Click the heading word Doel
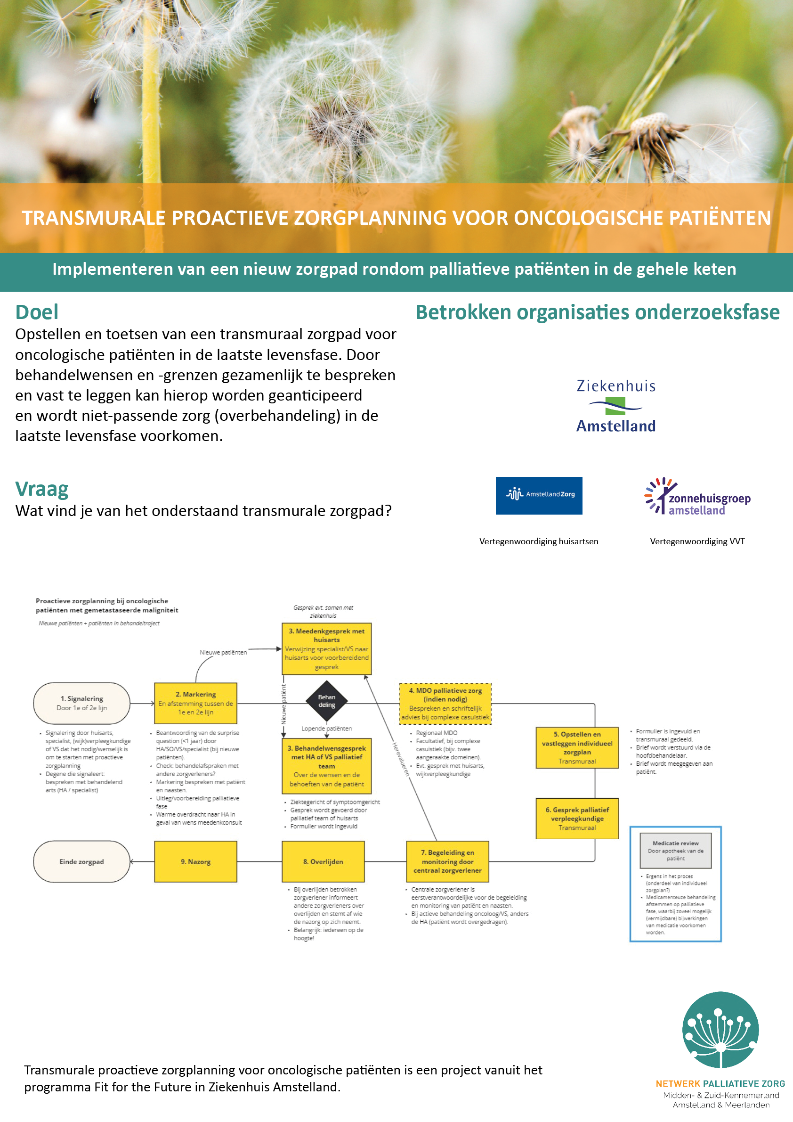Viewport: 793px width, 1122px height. (37, 312)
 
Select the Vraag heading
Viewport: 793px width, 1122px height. (42, 489)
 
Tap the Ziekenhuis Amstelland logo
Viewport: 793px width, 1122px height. (616, 406)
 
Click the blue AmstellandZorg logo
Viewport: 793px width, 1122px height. (539, 496)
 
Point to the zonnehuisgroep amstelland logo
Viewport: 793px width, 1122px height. (697, 496)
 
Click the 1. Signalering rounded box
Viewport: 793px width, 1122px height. (81, 703)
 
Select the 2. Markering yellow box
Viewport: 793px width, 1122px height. (195, 703)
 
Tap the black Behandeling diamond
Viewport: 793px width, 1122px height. (327, 701)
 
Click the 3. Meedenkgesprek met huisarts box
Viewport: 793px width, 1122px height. (326, 649)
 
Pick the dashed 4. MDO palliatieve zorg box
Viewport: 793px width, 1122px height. (445, 704)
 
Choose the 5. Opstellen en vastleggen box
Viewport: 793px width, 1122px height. (577, 748)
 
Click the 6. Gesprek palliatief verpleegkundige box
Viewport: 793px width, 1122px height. (577, 819)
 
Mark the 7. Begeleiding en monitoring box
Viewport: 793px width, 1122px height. (447, 861)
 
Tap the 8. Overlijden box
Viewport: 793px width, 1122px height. (323, 861)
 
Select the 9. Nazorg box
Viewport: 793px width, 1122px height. (195, 861)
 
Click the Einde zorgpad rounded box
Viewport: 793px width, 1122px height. (81, 861)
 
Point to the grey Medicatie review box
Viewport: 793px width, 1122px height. (675, 851)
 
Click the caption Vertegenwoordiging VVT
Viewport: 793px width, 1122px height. (697, 541)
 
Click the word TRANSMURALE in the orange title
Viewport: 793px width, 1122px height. (94, 218)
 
